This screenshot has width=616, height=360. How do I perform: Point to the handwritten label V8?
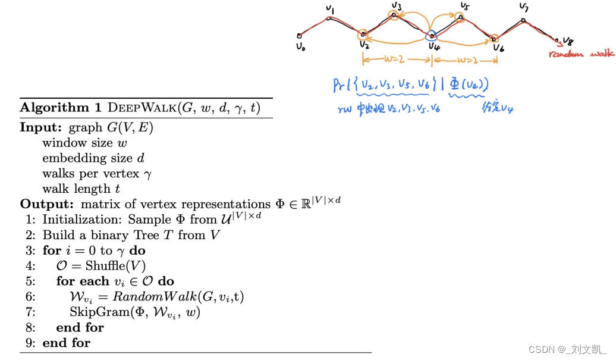568,42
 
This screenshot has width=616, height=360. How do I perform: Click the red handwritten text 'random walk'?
582,54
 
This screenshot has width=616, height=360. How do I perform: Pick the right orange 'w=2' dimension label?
465,60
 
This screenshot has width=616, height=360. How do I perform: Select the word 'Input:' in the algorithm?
42,127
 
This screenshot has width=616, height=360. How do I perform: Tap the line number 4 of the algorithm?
30,265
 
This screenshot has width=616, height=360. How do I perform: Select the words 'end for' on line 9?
67,343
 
